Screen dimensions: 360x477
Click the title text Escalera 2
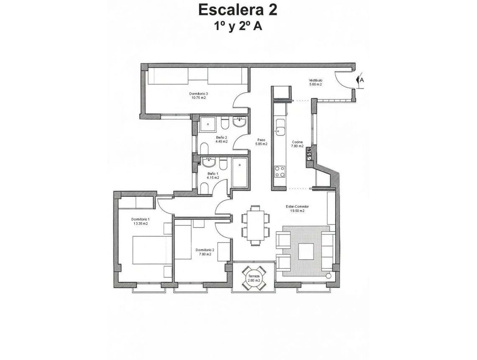(x=238, y=10)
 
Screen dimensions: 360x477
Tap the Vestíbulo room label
(x=315, y=80)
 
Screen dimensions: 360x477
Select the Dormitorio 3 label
(x=199, y=93)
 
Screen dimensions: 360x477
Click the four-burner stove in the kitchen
(x=280, y=172)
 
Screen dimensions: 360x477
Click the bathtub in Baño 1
(x=240, y=172)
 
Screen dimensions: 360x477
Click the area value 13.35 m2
(x=141, y=224)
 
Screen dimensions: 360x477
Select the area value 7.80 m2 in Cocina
(x=297, y=147)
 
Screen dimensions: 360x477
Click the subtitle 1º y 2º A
(x=238, y=26)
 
